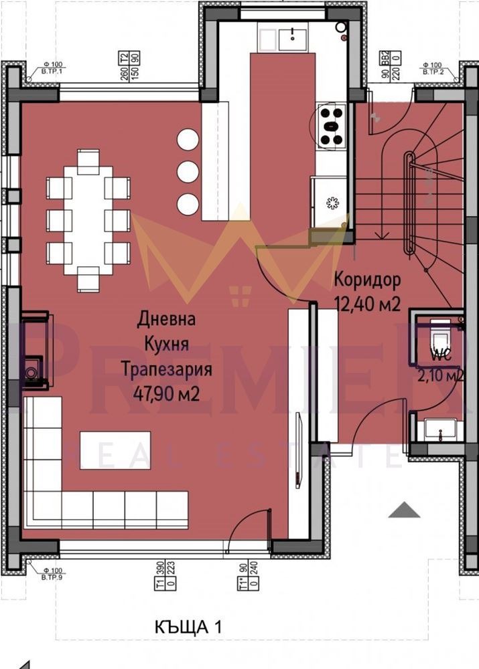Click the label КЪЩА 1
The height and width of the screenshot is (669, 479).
point(187,627)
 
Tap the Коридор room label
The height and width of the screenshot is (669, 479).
point(366,278)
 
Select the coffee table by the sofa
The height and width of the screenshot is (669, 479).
point(115,446)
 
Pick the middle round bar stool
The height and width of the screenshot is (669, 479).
point(188,171)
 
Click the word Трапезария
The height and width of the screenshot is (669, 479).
point(166,369)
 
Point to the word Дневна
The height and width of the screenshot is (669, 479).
point(166,320)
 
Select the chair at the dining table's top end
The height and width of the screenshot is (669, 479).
point(88,161)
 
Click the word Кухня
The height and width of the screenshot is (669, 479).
point(167,344)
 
